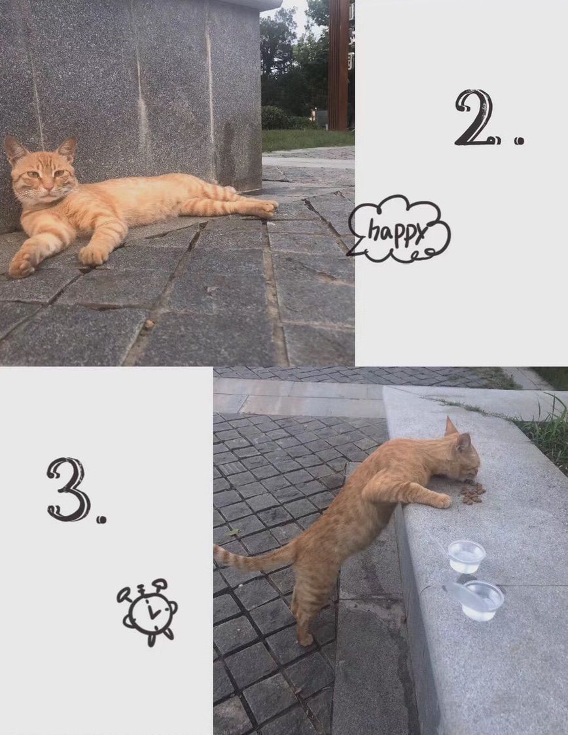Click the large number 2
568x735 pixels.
[474, 118]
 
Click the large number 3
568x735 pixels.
[69, 490]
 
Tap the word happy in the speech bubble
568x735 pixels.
[398, 230]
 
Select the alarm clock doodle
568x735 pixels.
[148, 612]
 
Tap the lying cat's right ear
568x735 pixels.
[15, 149]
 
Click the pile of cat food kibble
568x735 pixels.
[472, 493]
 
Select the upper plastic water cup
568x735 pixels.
[466, 556]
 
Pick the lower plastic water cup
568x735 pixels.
[480, 600]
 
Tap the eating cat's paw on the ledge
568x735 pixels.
[441, 501]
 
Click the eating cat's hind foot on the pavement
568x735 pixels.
[305, 638]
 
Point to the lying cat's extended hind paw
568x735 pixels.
[267, 209]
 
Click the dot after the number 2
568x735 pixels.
[518, 140]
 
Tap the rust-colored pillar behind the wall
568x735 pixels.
[338, 65]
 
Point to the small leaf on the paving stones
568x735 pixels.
[232, 533]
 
